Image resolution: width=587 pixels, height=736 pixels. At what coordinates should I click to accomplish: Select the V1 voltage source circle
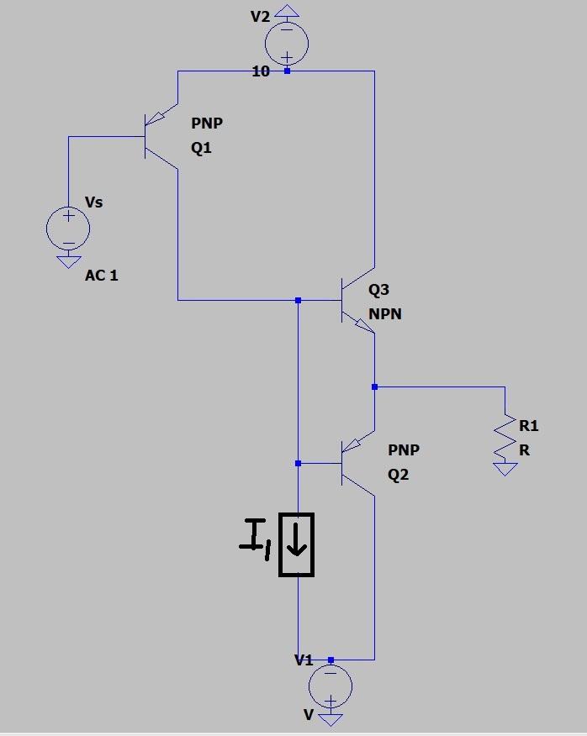(331, 686)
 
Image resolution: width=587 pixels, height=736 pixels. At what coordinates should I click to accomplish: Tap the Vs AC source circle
(68, 228)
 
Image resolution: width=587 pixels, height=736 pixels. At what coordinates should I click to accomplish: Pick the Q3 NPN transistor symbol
(357, 301)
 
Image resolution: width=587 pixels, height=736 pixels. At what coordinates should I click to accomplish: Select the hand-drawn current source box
(296, 544)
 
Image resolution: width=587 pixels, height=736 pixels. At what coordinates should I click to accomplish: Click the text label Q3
(379, 290)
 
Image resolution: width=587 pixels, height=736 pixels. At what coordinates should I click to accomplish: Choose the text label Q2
(399, 475)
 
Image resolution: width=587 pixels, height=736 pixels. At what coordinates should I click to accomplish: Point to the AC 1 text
(102, 276)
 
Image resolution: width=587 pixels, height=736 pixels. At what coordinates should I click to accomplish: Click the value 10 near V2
(261, 72)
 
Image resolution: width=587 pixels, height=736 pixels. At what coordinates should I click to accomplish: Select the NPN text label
(385, 314)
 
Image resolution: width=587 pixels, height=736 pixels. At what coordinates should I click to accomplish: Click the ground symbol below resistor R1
(505, 469)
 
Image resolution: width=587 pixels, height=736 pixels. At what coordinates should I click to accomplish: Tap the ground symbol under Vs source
(68, 261)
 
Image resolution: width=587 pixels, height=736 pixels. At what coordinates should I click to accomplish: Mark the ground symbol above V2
(287, 12)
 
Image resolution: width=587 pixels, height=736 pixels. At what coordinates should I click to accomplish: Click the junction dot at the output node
(374, 386)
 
